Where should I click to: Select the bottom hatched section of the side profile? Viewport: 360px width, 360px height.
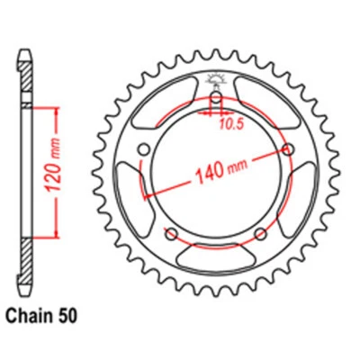click(27, 261)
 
